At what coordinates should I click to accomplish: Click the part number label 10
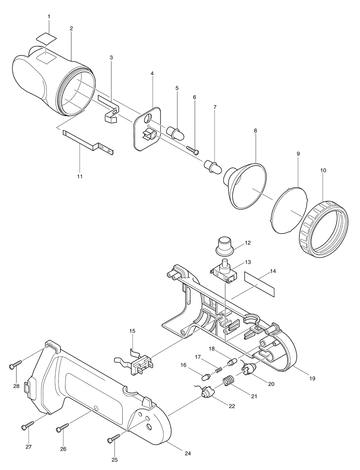(x=323, y=170)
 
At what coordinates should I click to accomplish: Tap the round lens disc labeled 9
(x=289, y=209)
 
